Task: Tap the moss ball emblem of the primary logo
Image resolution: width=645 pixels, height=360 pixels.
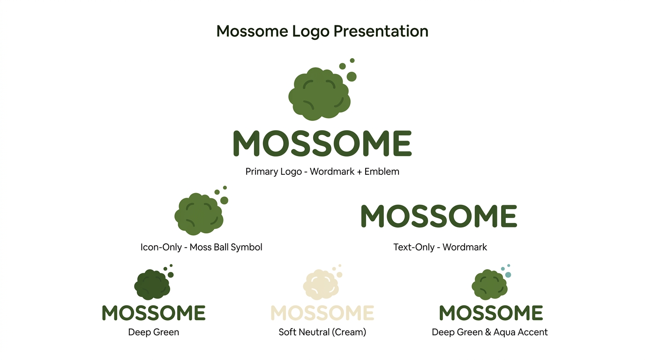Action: pos(319,93)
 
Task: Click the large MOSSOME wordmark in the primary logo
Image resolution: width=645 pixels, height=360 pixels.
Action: pos(322,144)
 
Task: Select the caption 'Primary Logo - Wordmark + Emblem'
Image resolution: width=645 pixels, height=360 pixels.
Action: pos(322,172)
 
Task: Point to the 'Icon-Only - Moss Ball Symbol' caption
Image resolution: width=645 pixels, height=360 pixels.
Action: pos(201,247)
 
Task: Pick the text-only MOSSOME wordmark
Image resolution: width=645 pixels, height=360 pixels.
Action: pos(439,217)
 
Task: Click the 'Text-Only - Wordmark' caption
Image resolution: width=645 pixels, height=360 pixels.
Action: pos(440,247)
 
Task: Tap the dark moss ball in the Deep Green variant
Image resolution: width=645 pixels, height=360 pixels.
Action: pos(152,285)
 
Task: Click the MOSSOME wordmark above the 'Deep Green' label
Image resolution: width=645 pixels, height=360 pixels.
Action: pos(154,313)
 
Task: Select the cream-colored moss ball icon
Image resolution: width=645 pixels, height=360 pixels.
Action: pos(321,285)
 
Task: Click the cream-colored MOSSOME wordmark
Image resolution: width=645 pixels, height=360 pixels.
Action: pos(322,313)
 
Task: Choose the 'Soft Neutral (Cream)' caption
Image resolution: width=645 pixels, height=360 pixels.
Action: pos(322,332)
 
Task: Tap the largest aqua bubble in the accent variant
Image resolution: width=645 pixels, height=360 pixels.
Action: pos(508,275)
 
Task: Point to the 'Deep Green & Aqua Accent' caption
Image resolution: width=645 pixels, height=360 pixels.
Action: pos(489,332)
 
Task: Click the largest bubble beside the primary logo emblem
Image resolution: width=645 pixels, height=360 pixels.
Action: pos(352,76)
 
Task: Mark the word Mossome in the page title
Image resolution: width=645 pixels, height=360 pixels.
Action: pos(252,31)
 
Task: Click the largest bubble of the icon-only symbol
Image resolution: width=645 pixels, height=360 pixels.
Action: pos(224,201)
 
